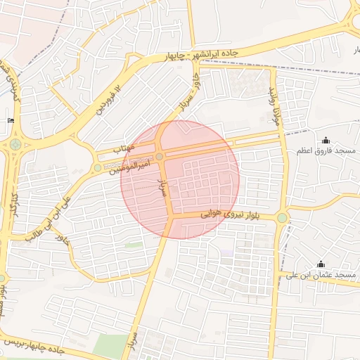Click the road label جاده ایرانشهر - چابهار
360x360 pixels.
pos(210,54)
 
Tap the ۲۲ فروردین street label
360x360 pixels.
pos(113,99)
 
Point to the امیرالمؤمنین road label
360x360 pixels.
pos(131,167)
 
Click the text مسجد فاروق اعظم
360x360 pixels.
pos(335,152)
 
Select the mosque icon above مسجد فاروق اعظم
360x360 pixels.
pos(326,141)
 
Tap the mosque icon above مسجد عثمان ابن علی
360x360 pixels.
pos(321,263)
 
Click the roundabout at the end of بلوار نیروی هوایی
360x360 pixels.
pos(282,218)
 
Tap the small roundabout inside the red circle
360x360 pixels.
pos(160,156)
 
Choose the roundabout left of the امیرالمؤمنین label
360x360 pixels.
pos(97,167)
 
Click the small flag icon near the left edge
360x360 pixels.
pos(11,120)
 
